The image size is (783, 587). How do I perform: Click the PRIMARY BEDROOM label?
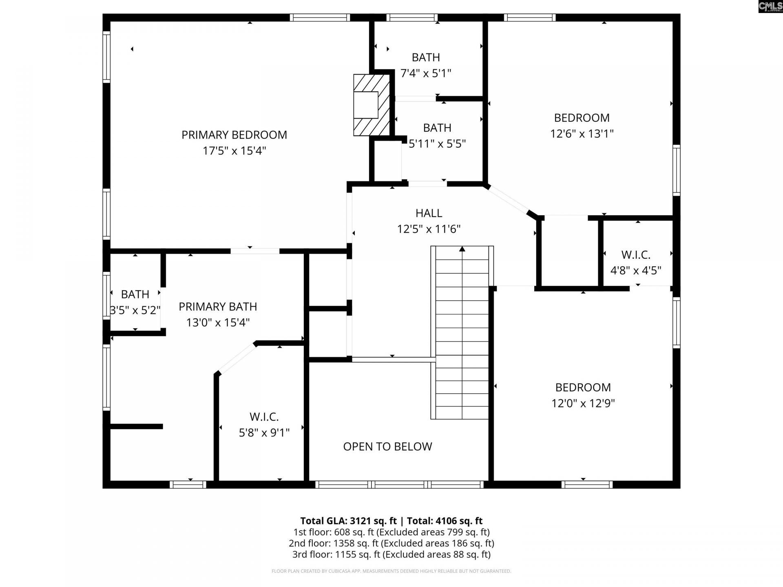(x=234, y=135)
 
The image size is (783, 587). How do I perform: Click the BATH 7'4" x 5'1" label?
(x=426, y=57)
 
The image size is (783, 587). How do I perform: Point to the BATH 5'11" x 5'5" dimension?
(x=437, y=144)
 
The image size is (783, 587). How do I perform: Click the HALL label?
(x=429, y=213)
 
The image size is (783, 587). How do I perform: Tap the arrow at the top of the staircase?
(x=462, y=249)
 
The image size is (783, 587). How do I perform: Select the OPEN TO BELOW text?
(x=387, y=446)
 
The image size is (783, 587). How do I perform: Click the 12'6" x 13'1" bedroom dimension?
(x=582, y=134)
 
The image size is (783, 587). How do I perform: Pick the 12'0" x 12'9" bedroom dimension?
(x=583, y=403)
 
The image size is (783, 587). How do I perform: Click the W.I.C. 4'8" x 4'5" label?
(x=635, y=255)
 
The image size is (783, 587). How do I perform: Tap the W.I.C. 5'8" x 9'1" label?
(x=264, y=417)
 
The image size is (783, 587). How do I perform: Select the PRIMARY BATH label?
(x=218, y=307)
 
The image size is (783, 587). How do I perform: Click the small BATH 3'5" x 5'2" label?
(x=135, y=294)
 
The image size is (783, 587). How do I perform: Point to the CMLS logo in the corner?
(x=770, y=6)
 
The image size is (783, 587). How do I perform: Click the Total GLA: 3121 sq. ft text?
(x=348, y=521)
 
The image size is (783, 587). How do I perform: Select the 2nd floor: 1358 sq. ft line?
(x=391, y=543)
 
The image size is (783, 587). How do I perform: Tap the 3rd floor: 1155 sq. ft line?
(x=391, y=554)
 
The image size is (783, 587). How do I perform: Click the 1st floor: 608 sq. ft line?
(x=391, y=532)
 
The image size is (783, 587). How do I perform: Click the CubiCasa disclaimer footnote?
(x=391, y=571)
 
